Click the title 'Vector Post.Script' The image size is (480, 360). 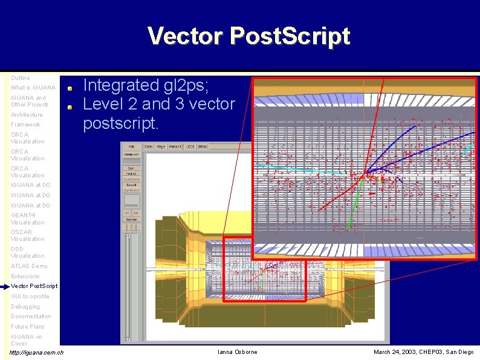pos(248,36)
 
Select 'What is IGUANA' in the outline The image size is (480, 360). pos(33,88)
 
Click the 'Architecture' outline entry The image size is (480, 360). pos(27,115)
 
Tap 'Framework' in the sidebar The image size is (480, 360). pos(25,125)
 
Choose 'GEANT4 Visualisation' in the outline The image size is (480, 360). pos(27,218)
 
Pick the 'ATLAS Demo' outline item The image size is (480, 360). pos(28,266)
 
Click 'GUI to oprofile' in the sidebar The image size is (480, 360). pos(30,296)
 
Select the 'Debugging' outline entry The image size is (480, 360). pos(25,307)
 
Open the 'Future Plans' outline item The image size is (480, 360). pos(28,327)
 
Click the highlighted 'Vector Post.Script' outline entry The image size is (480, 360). pos(34,286)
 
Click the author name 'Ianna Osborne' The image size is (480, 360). pos(238,352)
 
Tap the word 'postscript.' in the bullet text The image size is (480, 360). pos(120,123)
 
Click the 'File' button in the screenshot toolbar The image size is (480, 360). pos(131,146)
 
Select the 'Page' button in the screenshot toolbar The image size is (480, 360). pos(161,146)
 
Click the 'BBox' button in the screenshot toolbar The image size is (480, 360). pos(203,146)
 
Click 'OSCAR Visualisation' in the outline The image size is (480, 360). pos(27,235)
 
